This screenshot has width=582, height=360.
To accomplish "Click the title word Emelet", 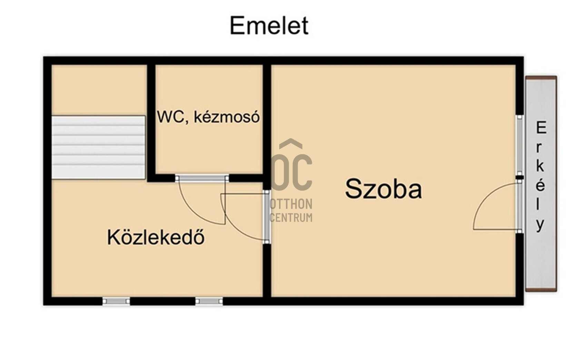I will tap(269, 26).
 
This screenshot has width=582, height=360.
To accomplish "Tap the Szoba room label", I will tap(383, 189).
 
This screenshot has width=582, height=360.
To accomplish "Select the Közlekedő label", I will tap(156, 238).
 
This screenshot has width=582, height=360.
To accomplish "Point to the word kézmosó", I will tap(226, 117).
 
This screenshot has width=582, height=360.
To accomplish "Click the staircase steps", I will tap(98, 147).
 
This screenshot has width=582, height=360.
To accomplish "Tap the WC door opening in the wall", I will tap(202, 178).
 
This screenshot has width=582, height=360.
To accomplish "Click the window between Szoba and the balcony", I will tap(519, 145).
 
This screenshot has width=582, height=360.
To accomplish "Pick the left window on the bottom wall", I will tap(116, 301).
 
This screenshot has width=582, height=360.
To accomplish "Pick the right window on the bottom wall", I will tap(209, 301).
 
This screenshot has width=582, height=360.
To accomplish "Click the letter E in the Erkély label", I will tap(541, 129).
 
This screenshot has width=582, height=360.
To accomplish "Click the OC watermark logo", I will tap(292, 172).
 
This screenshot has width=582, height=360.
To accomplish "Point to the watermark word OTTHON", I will tap(291, 204).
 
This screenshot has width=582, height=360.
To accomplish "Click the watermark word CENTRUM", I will tap(291, 218).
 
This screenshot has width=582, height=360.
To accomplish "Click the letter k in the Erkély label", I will tap(541, 167).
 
